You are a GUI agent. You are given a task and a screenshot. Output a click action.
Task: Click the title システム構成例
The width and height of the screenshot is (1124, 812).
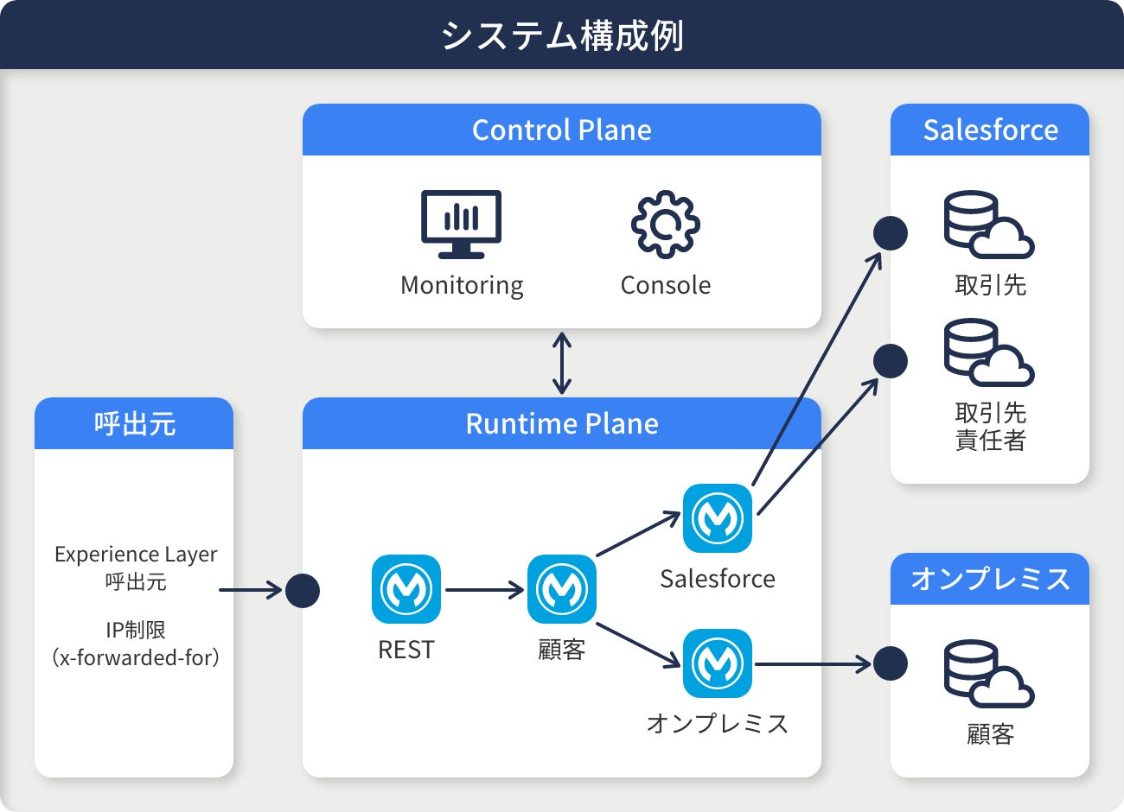562,36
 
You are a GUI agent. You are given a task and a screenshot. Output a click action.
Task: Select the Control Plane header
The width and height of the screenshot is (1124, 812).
562,130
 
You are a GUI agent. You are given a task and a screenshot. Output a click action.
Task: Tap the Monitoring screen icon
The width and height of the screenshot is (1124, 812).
461,224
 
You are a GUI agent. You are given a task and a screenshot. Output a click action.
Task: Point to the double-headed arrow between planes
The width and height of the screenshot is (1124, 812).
562,363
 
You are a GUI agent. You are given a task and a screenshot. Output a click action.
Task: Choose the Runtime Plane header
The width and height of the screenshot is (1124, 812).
562,423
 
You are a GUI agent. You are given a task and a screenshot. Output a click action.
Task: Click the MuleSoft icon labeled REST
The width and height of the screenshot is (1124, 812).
406,589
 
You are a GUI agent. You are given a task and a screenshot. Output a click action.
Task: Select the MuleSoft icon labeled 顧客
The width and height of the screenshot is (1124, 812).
562,589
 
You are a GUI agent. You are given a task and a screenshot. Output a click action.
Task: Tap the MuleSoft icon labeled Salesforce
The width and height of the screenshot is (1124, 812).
718,518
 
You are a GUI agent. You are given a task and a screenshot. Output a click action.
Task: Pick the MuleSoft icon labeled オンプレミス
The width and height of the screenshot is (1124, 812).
718,663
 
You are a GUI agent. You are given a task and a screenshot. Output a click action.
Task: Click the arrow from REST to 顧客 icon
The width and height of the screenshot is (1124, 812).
484,590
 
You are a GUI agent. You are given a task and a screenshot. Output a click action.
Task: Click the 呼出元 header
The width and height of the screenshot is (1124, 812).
134,423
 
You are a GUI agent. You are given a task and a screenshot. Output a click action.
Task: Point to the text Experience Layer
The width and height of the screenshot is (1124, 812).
136,554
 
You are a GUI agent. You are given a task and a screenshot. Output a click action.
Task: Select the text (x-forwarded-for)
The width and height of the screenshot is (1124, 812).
136,657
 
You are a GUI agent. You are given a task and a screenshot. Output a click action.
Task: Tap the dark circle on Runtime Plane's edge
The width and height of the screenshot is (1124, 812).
303,591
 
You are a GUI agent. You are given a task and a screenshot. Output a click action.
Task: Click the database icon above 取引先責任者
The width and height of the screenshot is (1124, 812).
988,352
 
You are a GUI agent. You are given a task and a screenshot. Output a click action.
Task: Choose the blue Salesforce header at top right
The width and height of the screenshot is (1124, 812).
990,130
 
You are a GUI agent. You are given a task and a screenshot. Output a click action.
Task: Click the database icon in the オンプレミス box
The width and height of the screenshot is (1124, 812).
988,674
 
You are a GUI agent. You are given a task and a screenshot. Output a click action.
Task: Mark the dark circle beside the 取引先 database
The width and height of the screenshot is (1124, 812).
891,233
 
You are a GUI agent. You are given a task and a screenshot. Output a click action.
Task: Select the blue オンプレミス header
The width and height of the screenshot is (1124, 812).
990,579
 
